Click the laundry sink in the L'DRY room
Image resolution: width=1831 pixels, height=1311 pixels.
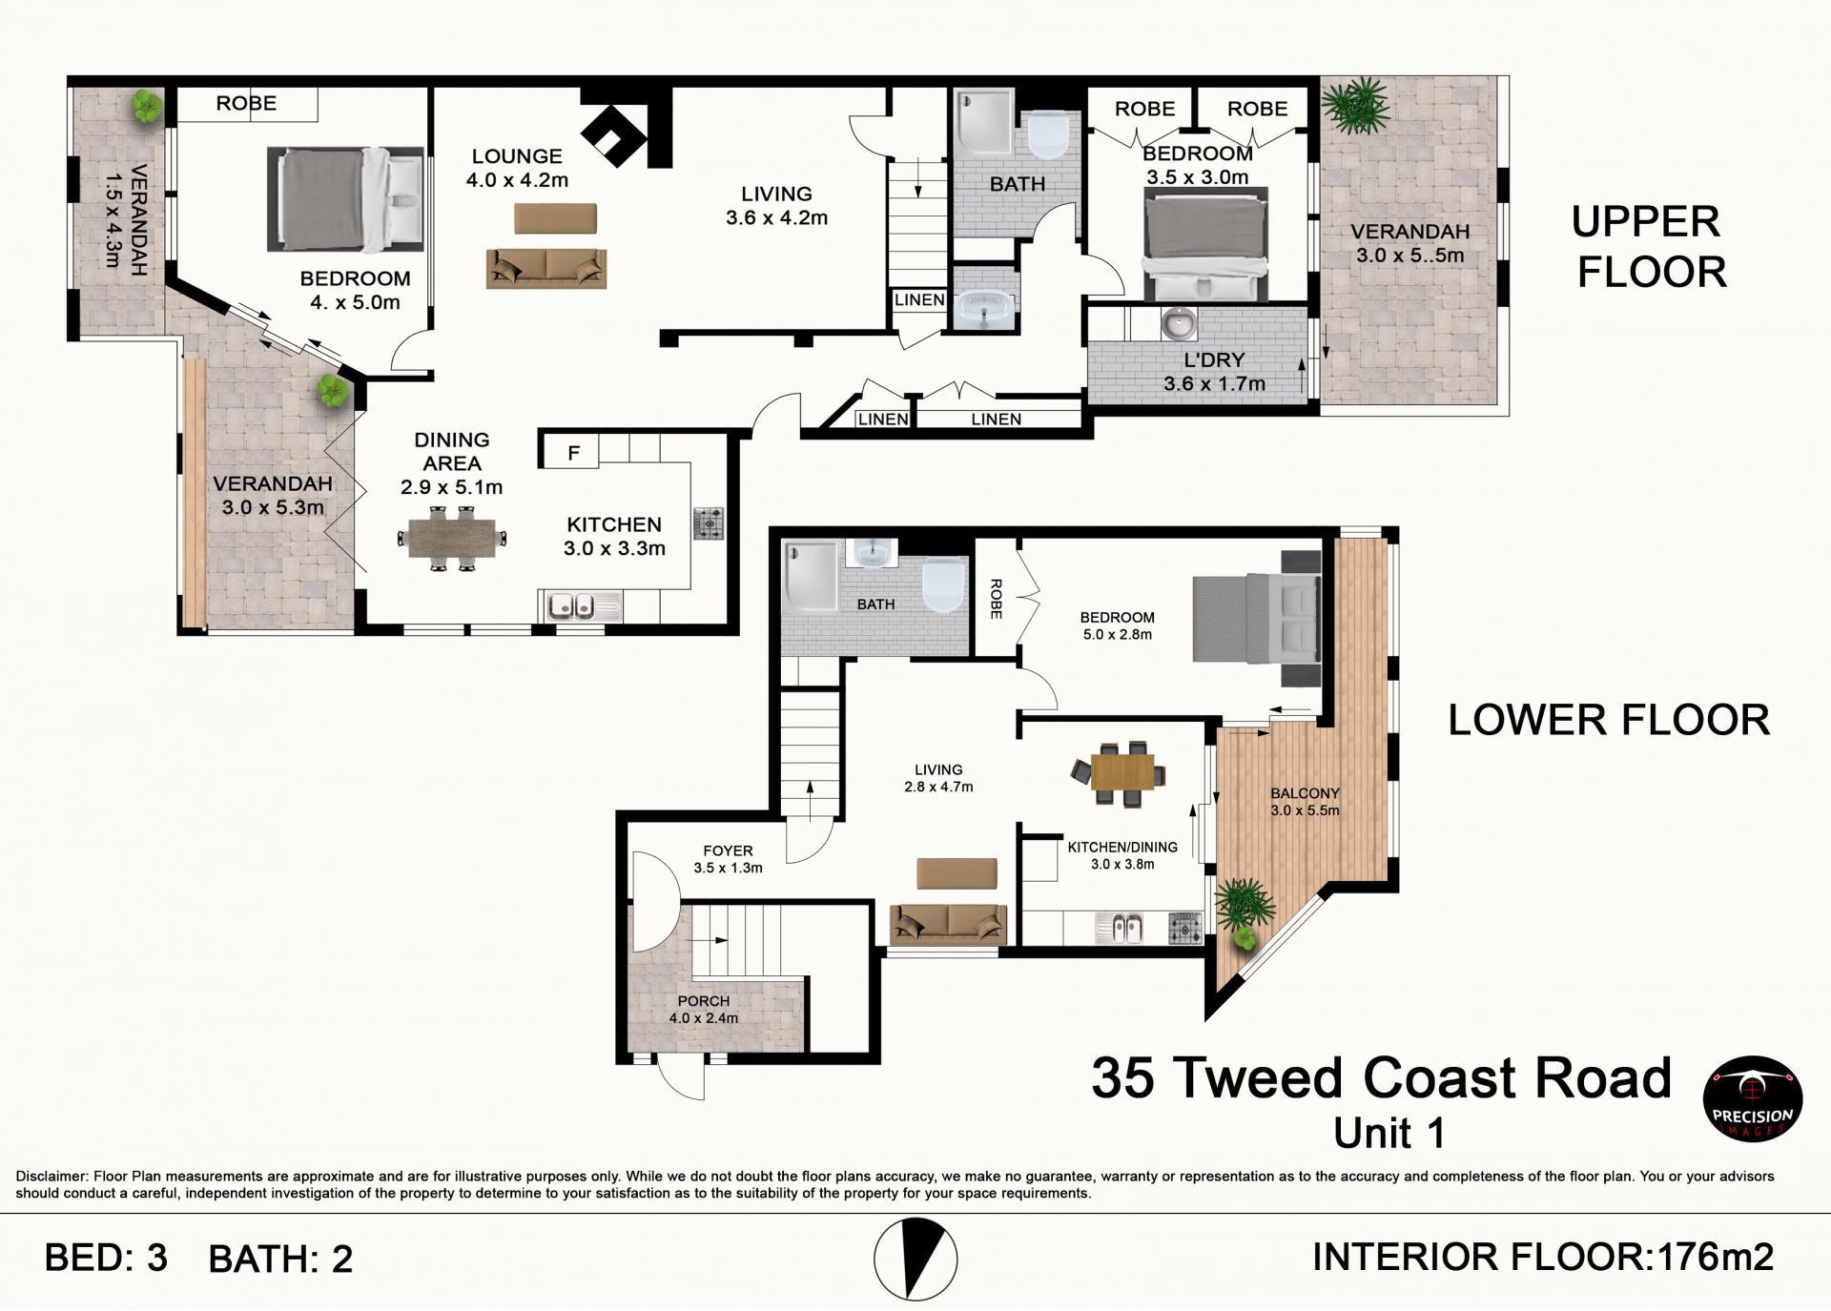pyautogui.click(x=1180, y=324)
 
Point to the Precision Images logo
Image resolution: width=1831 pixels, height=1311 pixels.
pyautogui.click(x=1753, y=1098)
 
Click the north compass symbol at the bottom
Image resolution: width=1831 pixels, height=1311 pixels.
pyautogui.click(x=915, y=1259)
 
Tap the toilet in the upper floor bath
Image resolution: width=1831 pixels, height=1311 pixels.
pyautogui.click(x=1047, y=135)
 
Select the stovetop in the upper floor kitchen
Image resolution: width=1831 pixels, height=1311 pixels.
pyautogui.click(x=709, y=523)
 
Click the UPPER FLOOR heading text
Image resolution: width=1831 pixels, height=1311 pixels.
pyautogui.click(x=1650, y=247)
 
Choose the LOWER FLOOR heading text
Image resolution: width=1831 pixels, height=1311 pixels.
pyautogui.click(x=1609, y=720)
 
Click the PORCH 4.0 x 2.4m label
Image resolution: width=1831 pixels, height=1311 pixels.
pyautogui.click(x=704, y=1009)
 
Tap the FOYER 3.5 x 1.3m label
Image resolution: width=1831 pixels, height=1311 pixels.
pyautogui.click(x=728, y=859)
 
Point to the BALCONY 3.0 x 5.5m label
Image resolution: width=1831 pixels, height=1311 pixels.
pyautogui.click(x=1305, y=802)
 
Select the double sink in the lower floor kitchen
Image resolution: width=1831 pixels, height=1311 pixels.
pyautogui.click(x=1120, y=928)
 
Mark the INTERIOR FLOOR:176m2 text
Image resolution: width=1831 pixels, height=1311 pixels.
pyautogui.click(x=1543, y=1258)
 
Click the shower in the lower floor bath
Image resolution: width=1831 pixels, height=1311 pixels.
pyautogui.click(x=810, y=575)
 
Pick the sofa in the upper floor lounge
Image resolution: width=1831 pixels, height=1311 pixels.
pyautogui.click(x=545, y=268)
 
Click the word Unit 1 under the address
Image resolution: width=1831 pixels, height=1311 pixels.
pyautogui.click(x=1389, y=1134)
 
